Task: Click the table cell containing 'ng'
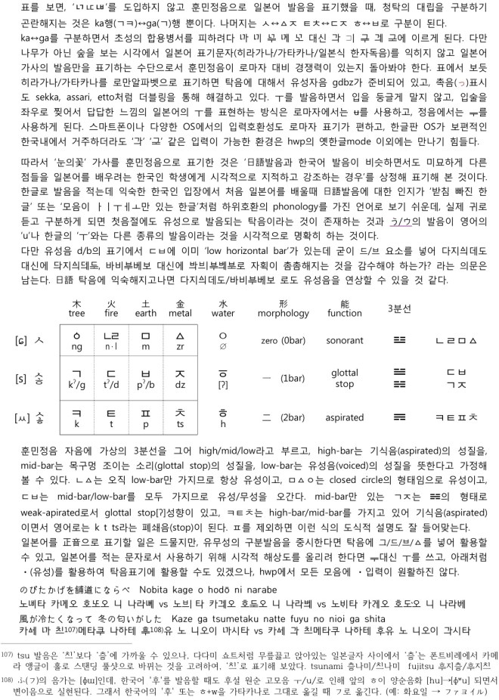tap(77, 345)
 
